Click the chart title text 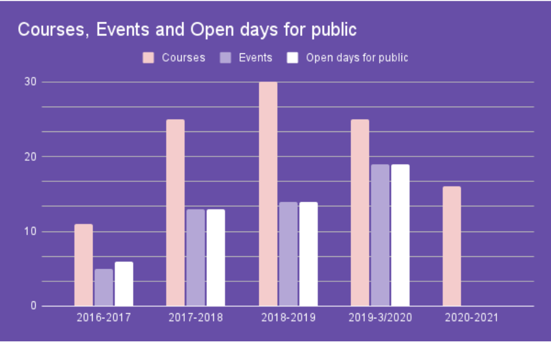tap(187, 30)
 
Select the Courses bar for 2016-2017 tap(83, 265)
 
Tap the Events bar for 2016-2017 tap(104, 287)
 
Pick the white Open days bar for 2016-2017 tap(124, 284)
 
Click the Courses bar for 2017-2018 tap(175, 213)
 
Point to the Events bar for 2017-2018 tap(196, 257)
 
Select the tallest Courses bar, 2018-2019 tap(268, 194)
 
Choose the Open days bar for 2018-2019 tap(308, 254)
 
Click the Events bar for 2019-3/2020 tap(380, 235)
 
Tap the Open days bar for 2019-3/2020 tap(400, 235)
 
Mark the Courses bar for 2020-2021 tap(451, 246)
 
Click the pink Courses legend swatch tap(148, 58)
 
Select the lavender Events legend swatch tap(225, 58)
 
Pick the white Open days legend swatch tap(292, 58)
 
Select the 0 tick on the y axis tap(34, 306)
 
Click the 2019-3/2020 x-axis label tap(380, 318)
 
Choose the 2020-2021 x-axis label tap(471, 318)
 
